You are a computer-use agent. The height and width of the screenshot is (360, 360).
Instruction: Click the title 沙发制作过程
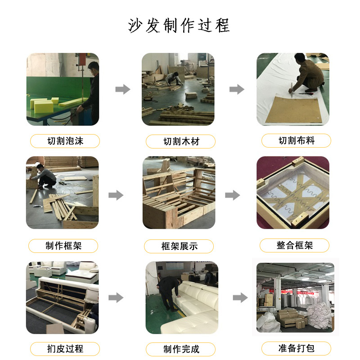click(179, 25)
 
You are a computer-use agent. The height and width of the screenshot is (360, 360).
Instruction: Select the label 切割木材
click(180, 142)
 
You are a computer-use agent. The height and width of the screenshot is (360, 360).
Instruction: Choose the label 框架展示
click(179, 246)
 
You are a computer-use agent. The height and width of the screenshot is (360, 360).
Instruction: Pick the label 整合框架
click(295, 245)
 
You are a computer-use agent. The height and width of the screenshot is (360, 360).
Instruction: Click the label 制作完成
click(180, 349)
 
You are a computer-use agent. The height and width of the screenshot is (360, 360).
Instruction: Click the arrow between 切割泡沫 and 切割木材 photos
click(122, 89)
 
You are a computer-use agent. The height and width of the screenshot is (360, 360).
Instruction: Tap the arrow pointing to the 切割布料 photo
click(237, 89)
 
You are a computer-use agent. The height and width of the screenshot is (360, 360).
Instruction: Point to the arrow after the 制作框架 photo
click(116, 195)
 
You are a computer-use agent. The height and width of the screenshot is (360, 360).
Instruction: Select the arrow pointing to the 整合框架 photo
click(232, 195)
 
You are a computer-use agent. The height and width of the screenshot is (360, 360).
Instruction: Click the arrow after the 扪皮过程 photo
click(116, 297)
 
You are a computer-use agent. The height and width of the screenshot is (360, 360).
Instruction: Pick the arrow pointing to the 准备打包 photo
click(240, 297)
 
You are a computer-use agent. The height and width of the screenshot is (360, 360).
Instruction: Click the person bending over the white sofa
click(169, 291)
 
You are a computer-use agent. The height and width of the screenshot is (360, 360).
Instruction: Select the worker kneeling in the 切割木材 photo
click(173, 77)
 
